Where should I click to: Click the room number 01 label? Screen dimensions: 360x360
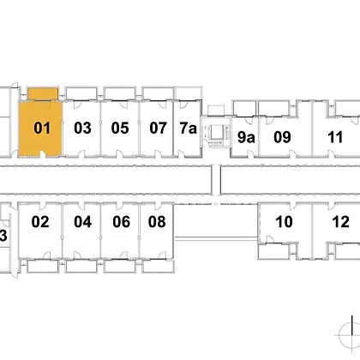42,128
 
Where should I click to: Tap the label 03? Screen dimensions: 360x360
82,128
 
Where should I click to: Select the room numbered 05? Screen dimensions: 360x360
120,128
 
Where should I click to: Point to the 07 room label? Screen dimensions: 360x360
158,128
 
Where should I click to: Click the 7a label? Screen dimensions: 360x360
189,128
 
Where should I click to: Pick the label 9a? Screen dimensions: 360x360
246,137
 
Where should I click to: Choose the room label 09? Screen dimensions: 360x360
282,137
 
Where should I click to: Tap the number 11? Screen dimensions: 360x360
335,137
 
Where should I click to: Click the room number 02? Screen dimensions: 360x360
40,222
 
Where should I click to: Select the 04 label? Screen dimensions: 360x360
83,222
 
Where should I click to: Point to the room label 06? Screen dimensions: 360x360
122,222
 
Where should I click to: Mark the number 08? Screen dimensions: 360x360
157,222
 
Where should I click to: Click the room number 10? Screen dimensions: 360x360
284,222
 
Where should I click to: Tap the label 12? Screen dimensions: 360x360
341,222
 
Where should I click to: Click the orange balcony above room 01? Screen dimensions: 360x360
43,93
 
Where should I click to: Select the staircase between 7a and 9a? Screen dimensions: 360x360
216,132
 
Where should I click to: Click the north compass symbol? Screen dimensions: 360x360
350,333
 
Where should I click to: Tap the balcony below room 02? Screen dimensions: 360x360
43,267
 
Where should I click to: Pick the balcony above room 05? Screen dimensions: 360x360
119,93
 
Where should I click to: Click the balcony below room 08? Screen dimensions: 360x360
158,267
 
